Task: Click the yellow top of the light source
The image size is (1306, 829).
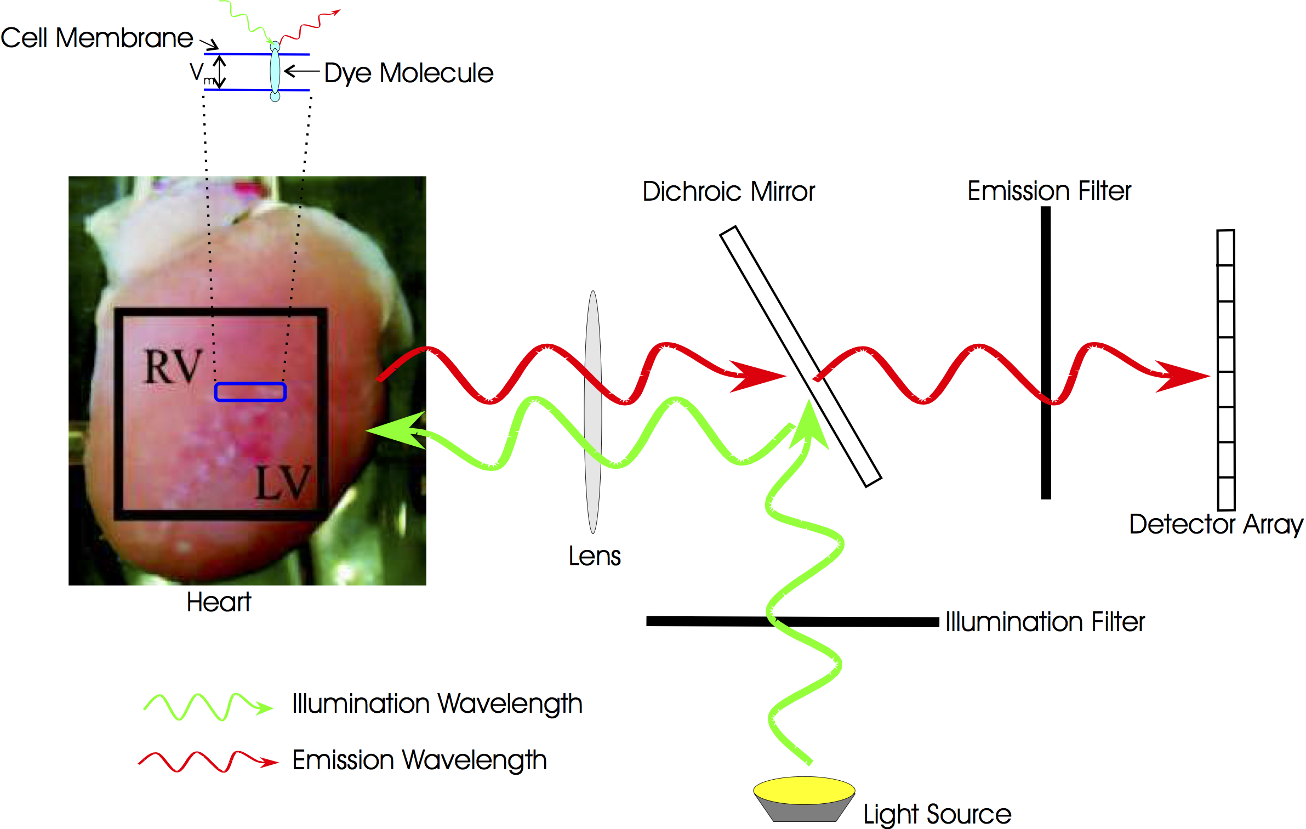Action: (x=804, y=790)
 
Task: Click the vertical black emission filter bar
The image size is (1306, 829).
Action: (x=1046, y=274)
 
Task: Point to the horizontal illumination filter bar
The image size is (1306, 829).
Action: (x=877, y=622)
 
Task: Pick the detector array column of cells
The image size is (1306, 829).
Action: (x=1226, y=318)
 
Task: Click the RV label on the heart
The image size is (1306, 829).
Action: (x=173, y=366)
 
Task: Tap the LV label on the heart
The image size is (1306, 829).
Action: (x=283, y=482)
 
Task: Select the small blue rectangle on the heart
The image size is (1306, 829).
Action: (x=250, y=392)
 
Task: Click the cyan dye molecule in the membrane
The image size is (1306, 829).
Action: (x=275, y=72)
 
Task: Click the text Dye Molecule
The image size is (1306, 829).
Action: (x=408, y=73)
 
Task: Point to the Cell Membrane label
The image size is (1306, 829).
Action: (x=96, y=38)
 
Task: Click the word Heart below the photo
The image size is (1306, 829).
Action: (x=219, y=602)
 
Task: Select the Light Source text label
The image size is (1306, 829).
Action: (x=937, y=814)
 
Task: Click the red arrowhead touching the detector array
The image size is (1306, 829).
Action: (x=1184, y=376)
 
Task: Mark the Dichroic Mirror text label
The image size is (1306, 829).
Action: (x=728, y=192)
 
